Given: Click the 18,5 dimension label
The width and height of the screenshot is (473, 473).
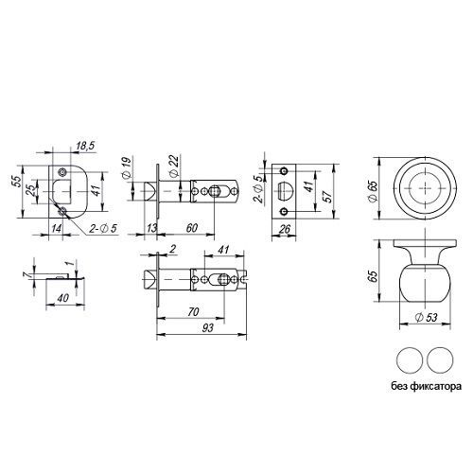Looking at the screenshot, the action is (x=85, y=146).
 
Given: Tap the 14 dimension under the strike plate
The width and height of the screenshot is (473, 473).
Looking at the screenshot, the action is (x=57, y=228).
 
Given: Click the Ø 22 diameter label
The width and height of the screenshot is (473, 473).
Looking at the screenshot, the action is (x=174, y=165).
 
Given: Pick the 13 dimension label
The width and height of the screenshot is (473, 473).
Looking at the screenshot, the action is (x=152, y=228).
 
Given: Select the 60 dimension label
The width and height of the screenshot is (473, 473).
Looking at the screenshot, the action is (x=192, y=228).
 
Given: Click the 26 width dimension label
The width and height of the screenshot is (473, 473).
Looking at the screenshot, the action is (x=285, y=229).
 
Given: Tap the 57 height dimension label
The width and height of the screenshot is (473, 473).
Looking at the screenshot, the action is (x=328, y=196).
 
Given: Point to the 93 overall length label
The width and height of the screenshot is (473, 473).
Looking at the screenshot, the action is (x=208, y=328).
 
